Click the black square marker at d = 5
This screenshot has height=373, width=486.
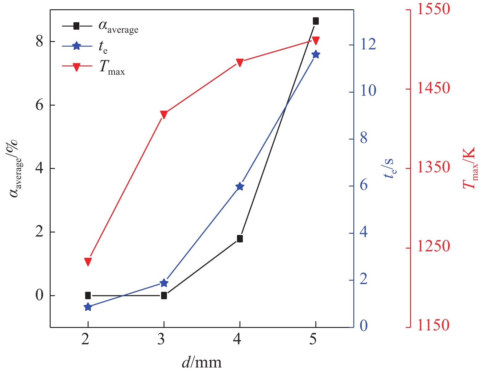(x=315, y=21)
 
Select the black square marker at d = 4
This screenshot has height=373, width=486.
(x=240, y=239)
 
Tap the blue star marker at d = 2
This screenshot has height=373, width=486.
(x=88, y=307)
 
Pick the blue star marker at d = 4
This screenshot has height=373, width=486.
(x=240, y=186)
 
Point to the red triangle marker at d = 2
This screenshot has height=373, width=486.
(x=88, y=262)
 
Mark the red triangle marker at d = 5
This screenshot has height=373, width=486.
(x=315, y=40)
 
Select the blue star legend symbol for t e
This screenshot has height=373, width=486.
(x=77, y=46)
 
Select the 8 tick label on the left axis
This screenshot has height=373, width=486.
(x=39, y=41)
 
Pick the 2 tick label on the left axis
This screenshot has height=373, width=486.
(x=39, y=232)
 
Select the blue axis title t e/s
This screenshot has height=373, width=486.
(x=389, y=168)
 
